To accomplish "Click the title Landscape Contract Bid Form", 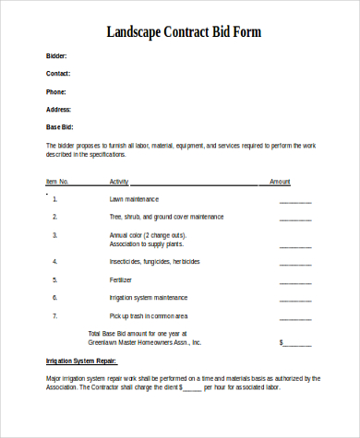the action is click(x=184, y=32).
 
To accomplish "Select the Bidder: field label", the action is click(x=56, y=56).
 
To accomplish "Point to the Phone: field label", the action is click(x=56, y=91).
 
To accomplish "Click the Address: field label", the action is click(x=58, y=109).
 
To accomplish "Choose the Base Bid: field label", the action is click(x=59, y=126).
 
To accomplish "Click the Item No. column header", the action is click(x=57, y=182).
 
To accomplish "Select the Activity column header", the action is click(x=119, y=182).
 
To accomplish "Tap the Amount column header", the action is click(x=280, y=182).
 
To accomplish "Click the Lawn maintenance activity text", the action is click(x=135, y=198).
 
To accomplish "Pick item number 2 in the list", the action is click(x=55, y=217).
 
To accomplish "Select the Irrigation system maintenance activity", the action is click(x=148, y=297).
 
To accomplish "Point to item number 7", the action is click(x=55, y=315).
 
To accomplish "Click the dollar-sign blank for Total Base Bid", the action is click(x=295, y=342).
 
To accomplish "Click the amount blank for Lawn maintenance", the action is click(x=295, y=200).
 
